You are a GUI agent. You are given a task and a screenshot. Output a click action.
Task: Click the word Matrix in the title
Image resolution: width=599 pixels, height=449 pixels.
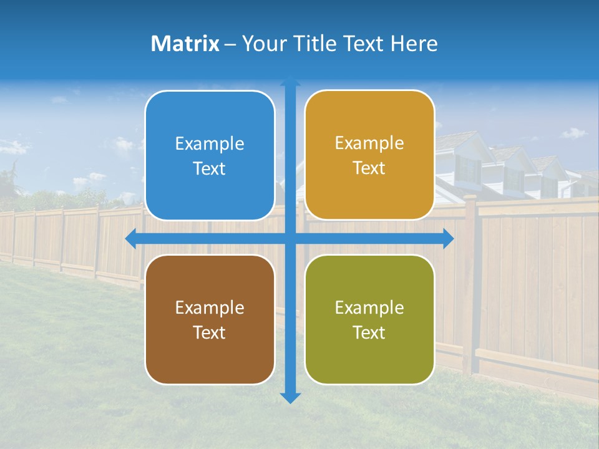pyautogui.click(x=185, y=44)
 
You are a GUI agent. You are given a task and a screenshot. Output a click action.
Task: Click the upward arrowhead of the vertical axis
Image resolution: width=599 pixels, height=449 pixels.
pyautogui.click(x=290, y=81)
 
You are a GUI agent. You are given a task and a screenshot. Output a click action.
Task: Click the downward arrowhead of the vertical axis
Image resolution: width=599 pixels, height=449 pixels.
pyautogui.click(x=290, y=397)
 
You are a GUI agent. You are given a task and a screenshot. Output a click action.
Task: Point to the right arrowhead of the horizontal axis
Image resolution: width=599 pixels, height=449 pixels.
pyautogui.click(x=448, y=239)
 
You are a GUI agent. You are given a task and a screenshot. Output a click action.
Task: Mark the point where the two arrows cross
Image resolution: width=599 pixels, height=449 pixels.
pyautogui.click(x=290, y=239)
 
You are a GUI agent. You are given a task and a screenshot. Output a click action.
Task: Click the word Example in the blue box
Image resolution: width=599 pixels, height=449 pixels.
pyautogui.click(x=210, y=144)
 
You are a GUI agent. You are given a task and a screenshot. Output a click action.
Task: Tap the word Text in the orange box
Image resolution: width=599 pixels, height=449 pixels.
pyautogui.click(x=369, y=168)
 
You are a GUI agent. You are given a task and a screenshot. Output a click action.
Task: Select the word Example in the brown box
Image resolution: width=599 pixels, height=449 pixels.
pyautogui.click(x=210, y=308)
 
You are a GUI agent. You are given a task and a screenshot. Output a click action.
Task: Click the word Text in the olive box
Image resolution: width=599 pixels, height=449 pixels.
pyautogui.click(x=369, y=332)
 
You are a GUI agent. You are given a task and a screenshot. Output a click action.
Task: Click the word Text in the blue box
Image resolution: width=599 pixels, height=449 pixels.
pyautogui.click(x=210, y=169)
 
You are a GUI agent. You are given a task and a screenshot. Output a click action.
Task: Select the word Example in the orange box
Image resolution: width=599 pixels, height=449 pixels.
pyautogui.click(x=369, y=143)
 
